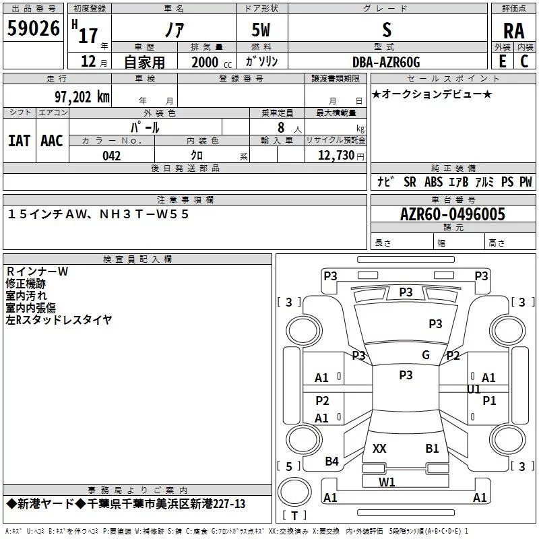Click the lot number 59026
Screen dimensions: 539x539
coord(33,28)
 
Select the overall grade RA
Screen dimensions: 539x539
coord(514,31)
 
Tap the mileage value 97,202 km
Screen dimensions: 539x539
coord(82,97)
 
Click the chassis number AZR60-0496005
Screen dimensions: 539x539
coord(453,214)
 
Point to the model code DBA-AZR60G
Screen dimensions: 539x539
coord(386,62)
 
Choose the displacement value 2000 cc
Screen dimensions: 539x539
coord(212,62)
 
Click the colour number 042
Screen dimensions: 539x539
coord(112,156)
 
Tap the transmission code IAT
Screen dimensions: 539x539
coord(20,141)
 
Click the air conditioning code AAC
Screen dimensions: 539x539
coord(52,141)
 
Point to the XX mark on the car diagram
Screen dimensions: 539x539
coord(379,449)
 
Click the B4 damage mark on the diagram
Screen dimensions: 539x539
coord(331,462)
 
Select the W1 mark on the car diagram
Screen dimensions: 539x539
coord(387,482)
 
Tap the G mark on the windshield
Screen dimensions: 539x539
coord(426,355)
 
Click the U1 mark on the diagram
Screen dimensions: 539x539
coord(474,389)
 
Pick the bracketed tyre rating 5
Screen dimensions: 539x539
coord(289,466)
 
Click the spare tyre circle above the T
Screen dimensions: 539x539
coord(294,492)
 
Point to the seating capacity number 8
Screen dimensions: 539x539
coord(281,127)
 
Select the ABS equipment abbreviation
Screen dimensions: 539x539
coord(433,182)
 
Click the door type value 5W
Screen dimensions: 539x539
coord(261,30)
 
